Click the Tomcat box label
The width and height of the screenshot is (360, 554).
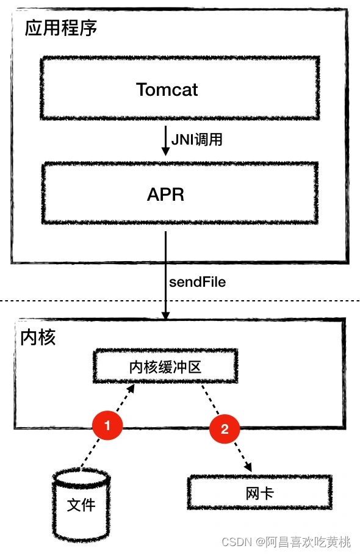pos(167,89)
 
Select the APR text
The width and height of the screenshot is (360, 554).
pos(165,195)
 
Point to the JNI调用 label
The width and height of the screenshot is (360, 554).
pos(197,140)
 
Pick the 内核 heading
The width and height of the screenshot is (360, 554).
pos(38,337)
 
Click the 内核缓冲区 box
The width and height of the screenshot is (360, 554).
pos(165,367)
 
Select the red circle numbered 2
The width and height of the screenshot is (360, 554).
pos(225,429)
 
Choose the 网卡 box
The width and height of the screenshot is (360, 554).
pos(259,492)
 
